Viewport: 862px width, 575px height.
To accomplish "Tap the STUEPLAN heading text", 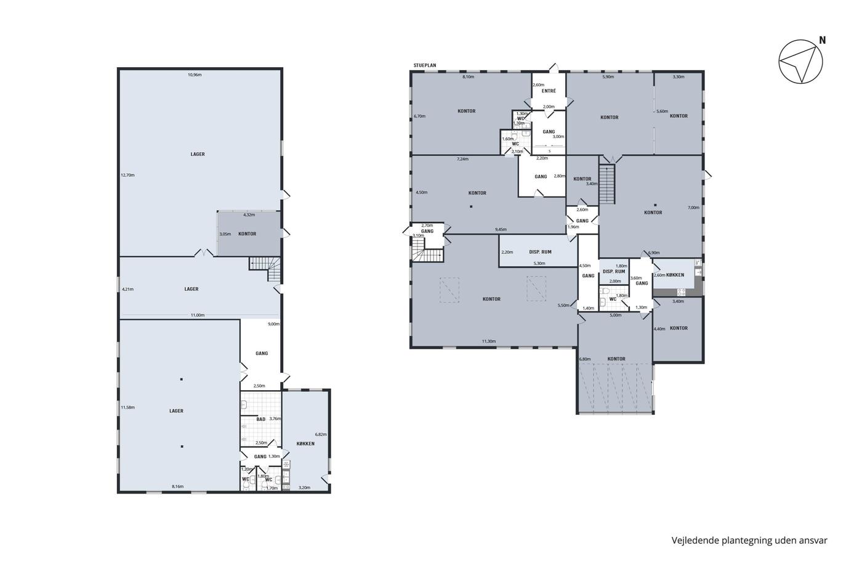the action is tap(425, 65).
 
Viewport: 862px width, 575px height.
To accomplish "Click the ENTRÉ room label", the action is tap(549, 91).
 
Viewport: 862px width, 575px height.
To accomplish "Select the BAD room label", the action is tap(261, 419).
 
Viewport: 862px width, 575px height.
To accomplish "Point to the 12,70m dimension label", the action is tap(128, 175).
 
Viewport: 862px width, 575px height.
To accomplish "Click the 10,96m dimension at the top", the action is tap(195, 75).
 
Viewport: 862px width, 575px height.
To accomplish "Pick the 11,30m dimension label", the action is tap(489, 341).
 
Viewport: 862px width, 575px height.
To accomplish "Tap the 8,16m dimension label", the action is tap(178, 486).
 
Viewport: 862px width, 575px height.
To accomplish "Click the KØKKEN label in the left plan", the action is tap(305, 444).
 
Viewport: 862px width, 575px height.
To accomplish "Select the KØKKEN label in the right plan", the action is tap(675, 275).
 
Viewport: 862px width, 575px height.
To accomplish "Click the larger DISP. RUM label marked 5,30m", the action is tap(541, 252).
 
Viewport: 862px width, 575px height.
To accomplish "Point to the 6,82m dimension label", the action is tap(321, 434).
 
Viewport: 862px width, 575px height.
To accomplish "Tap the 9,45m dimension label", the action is tap(501, 229).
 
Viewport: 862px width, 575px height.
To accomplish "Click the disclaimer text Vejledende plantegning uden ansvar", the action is tap(749, 540).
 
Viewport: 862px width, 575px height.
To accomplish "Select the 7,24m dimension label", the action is tap(462, 159).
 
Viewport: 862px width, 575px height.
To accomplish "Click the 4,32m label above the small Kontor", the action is tap(249, 215).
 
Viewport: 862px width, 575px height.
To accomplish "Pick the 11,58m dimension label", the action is tap(128, 407).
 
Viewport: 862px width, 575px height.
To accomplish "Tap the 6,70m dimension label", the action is tap(420, 116).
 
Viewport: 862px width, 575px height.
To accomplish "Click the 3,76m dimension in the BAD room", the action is tap(275, 418).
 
